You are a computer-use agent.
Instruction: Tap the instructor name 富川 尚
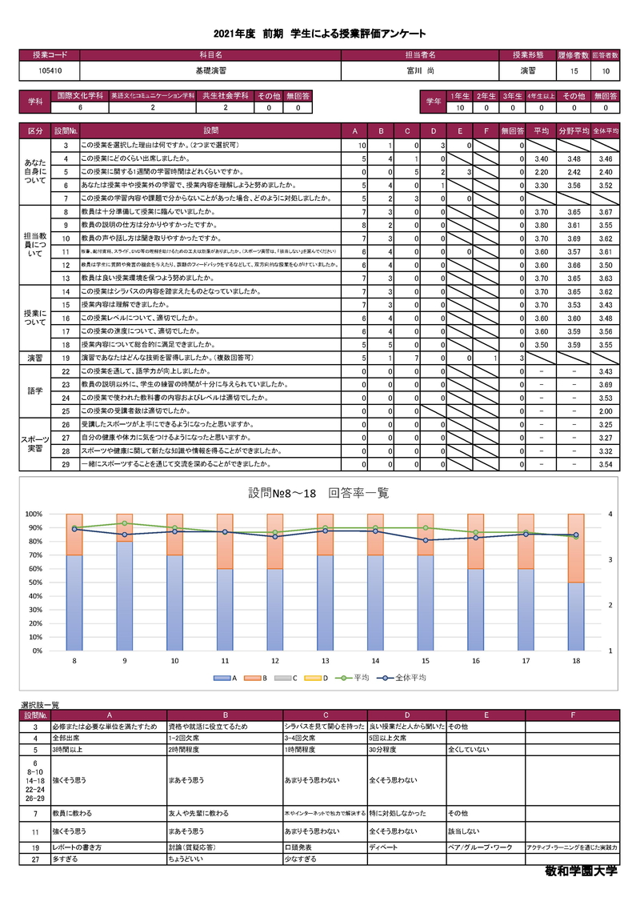pos(420,71)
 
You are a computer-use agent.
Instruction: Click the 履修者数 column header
pos(573,55)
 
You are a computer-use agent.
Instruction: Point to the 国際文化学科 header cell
pos(80,96)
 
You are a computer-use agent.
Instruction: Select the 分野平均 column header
pos(571,130)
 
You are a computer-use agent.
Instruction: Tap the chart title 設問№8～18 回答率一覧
pos(318,493)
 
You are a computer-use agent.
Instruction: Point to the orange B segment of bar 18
pos(575,548)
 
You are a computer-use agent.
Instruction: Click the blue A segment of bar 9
pos(124,596)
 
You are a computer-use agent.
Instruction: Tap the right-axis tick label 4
pos(611,514)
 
